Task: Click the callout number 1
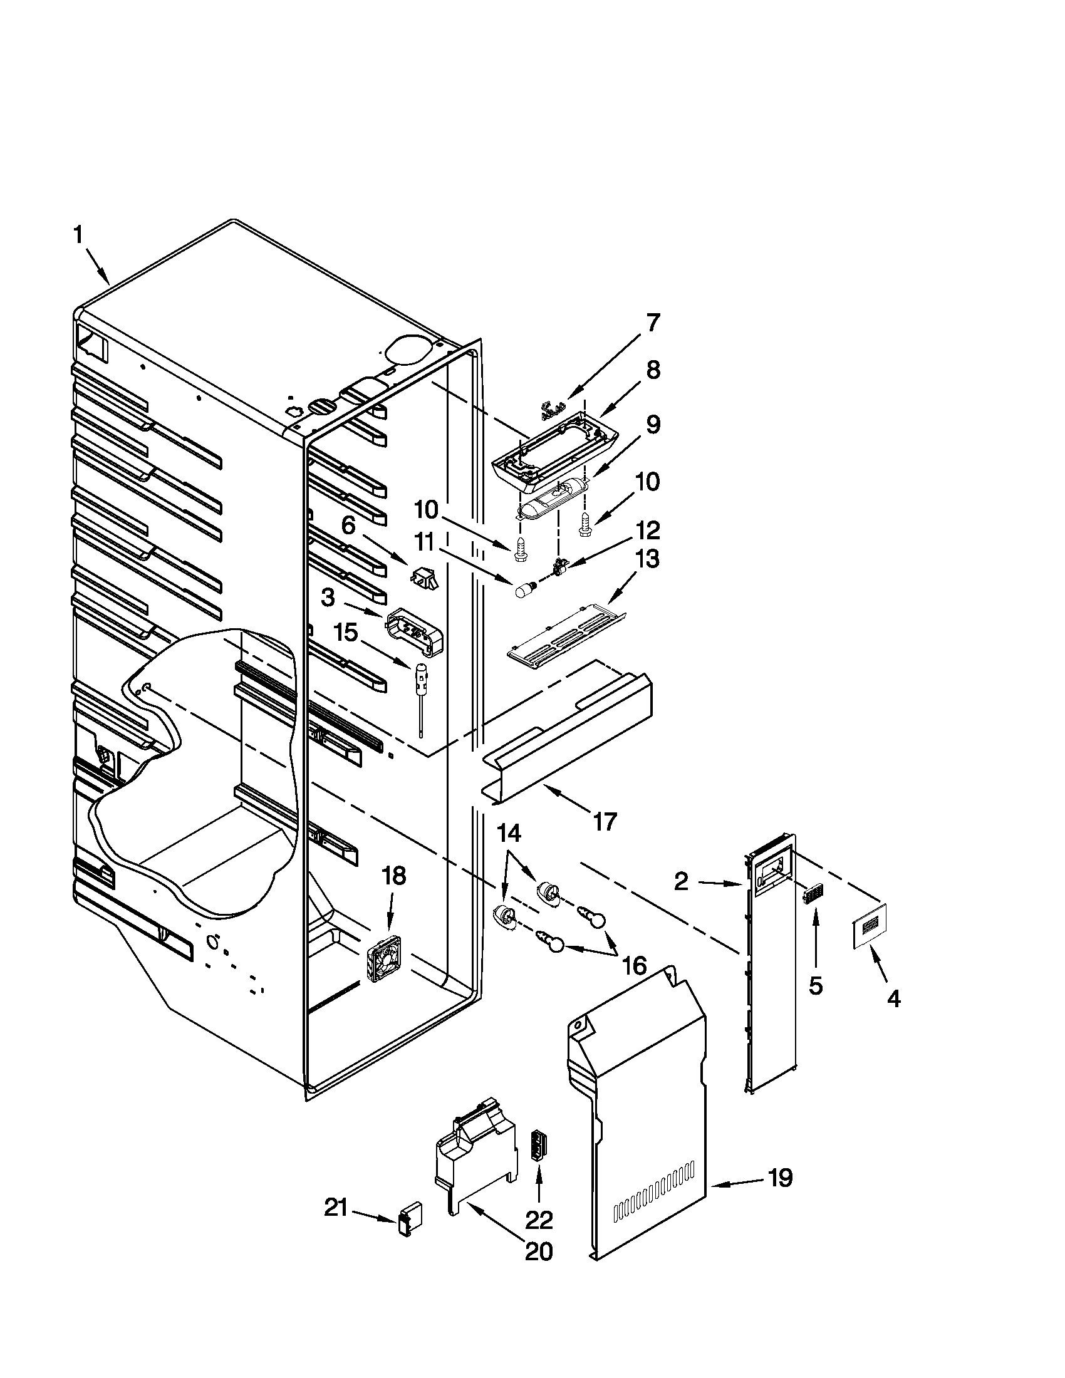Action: click(78, 236)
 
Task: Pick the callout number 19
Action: click(780, 1178)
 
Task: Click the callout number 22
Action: click(539, 1220)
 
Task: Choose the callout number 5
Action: click(815, 985)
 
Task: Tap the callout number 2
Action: click(681, 881)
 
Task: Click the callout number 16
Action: click(635, 964)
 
